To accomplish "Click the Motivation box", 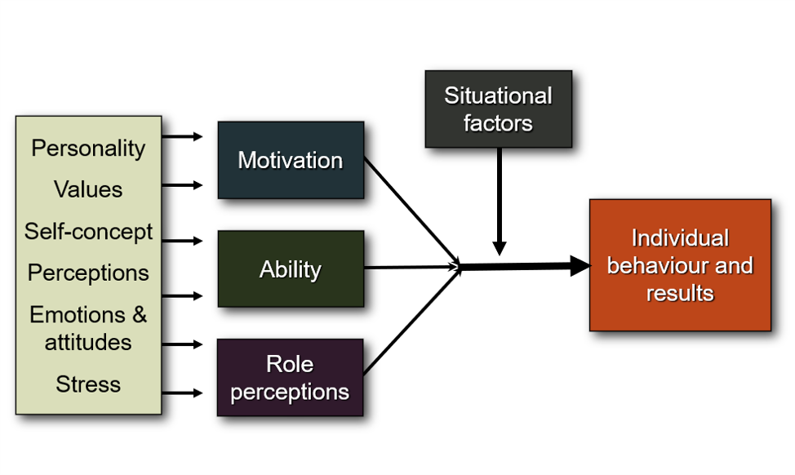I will pos(291,160).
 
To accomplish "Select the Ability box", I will pos(291,269).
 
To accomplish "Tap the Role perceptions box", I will pos(290,378).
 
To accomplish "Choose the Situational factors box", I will pos(498,109).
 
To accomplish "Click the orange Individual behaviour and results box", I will pos(680,265).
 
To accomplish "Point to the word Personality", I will pos(88,149).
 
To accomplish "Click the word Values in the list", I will pos(88,190).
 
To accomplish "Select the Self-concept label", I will pos(88,232).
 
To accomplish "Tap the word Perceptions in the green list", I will pos(88,273).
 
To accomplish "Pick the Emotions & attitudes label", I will pos(88,328).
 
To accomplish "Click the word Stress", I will pos(88,384).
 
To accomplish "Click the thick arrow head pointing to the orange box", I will pos(580,265).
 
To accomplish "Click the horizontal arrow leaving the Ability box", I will pos(408,268).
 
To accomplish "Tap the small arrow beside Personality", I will pos(183,136).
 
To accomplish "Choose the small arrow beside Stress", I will pos(183,393).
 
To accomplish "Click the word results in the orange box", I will pos(680,293).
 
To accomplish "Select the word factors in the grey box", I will pos(498,124).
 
